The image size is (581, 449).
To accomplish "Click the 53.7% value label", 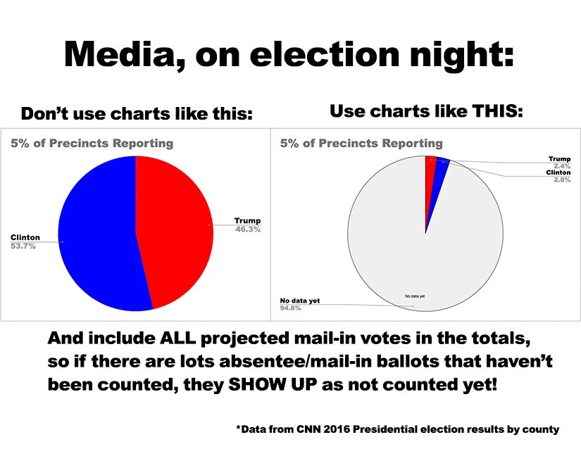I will pos(23,246).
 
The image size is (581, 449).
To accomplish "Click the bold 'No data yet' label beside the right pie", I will pos(300,301).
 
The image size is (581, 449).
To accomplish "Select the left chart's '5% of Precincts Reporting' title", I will pos(92,144).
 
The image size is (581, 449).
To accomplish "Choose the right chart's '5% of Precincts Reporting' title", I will pos(361,144).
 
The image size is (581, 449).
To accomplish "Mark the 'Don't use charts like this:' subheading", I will pos(136,113).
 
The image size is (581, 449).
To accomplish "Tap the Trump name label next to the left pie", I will pos(247,221).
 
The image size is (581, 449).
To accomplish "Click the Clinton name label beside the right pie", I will pos(558,173).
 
